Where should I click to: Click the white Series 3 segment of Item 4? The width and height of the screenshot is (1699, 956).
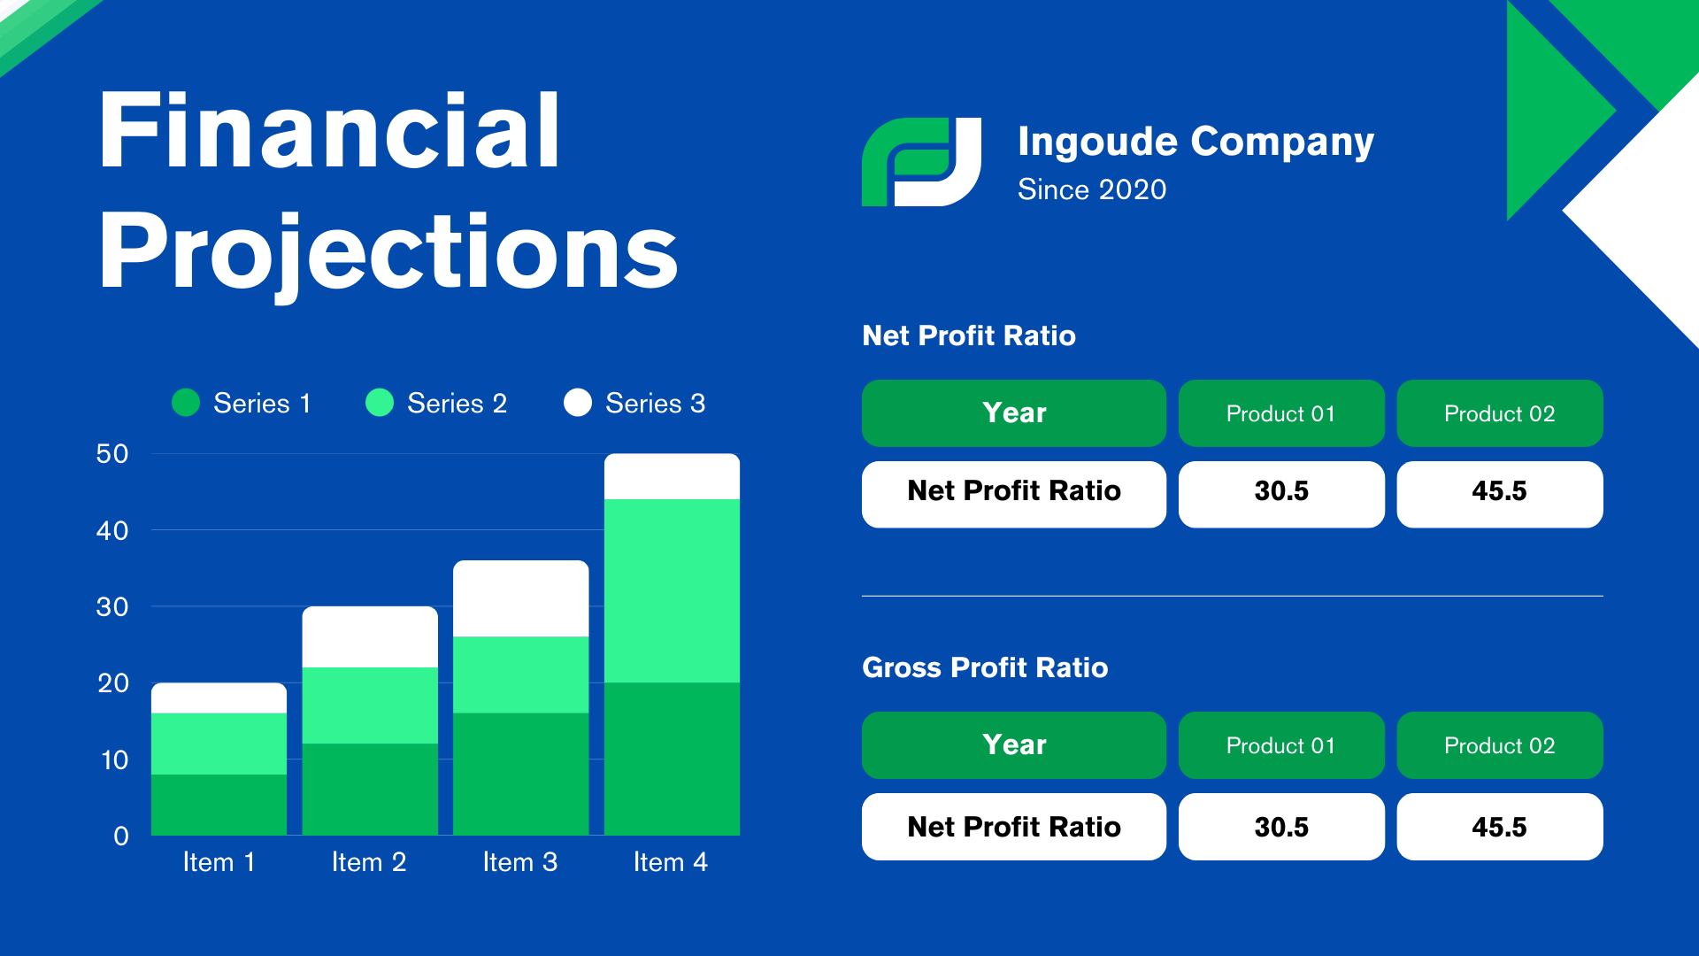pos(672,476)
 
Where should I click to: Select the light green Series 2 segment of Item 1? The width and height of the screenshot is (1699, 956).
pos(219,744)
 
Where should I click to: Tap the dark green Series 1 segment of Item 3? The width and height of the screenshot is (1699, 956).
pos(520,774)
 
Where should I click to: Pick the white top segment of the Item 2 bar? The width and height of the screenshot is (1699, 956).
pos(370,636)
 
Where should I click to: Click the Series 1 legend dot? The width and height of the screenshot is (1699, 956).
pos(186,403)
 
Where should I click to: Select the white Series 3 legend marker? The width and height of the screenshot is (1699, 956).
pos(578,403)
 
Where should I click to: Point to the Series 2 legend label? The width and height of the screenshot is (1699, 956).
pos(457,404)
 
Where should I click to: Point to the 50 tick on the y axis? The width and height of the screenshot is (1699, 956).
pos(112,454)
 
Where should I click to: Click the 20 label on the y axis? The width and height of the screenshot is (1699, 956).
pos(112,683)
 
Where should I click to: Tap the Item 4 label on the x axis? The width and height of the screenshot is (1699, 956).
pos(671,862)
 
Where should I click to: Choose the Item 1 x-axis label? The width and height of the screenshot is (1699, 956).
pos(219,862)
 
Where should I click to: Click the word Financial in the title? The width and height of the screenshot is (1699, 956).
pos(329,131)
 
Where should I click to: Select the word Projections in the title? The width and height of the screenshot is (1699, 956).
pos(388,254)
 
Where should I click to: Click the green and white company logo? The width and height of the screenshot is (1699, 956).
pos(921,162)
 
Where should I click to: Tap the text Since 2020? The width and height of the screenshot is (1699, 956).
pos(1092,189)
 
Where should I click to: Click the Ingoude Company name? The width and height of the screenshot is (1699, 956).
pos(1195,142)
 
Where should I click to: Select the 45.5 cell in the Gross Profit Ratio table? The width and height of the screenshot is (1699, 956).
pos(1500,827)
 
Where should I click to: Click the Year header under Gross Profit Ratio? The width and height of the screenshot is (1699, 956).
pos(1014,745)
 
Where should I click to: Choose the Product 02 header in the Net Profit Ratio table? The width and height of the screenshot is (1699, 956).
pos(1500,413)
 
